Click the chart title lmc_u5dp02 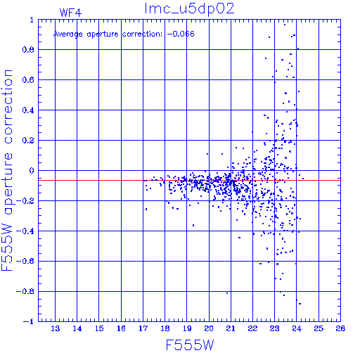189,9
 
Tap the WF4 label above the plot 70,13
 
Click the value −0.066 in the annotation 181,34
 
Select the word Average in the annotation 68,34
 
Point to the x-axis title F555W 190,345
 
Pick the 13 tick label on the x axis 56,328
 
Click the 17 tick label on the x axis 143,328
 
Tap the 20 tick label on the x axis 209,328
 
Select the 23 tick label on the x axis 275,328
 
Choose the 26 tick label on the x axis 340,328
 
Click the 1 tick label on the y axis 32,20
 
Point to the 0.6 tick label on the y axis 28,80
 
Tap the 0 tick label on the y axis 32,171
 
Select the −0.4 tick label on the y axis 25,231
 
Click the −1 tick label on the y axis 29,321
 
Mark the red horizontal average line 189,180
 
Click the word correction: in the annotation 142,34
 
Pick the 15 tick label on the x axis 99,328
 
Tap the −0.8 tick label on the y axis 25,291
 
